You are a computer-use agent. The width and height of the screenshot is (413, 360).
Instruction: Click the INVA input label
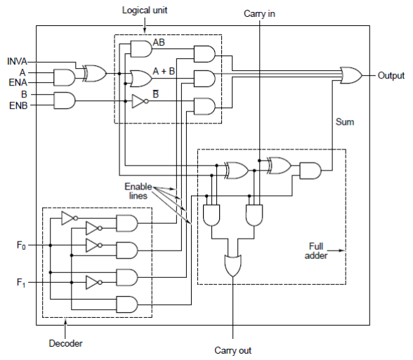click(17, 61)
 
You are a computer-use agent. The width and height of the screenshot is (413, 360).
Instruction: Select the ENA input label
click(18, 82)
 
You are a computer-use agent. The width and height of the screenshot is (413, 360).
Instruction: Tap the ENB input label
click(18, 105)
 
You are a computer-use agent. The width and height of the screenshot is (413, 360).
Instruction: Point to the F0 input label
click(21, 246)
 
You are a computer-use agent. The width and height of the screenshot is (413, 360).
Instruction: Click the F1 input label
click(21, 283)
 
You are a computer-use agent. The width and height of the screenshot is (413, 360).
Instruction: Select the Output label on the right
click(391, 76)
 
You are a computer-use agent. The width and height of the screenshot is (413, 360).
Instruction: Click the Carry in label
click(259, 14)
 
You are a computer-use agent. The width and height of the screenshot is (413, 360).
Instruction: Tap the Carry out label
click(233, 351)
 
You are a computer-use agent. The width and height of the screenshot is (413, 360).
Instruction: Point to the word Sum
click(345, 122)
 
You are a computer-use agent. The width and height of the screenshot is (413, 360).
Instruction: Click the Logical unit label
click(145, 11)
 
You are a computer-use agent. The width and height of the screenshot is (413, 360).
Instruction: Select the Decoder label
click(65, 343)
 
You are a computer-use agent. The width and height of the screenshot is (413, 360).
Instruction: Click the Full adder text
click(316, 251)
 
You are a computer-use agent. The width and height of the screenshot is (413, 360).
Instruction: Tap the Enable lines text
click(138, 191)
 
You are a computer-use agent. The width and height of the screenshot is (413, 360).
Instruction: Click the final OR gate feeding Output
click(351, 75)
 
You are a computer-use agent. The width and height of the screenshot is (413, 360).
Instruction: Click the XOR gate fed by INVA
click(95, 73)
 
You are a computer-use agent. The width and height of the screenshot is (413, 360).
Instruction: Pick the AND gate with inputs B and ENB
click(65, 100)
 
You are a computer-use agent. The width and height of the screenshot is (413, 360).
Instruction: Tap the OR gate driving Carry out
click(233, 265)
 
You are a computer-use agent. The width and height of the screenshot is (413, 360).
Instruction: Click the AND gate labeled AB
click(141, 49)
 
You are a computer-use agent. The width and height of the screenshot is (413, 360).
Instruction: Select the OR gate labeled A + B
click(141, 79)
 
